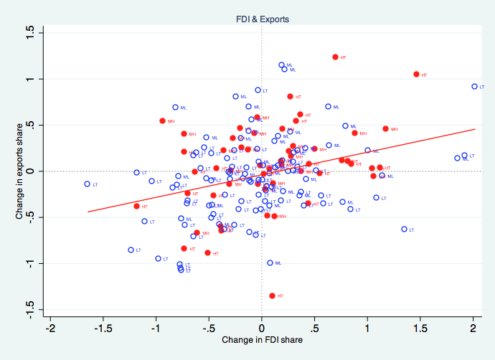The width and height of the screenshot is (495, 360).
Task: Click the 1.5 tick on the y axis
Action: coord(29,32)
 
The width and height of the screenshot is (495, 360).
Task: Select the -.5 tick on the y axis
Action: coord(29,217)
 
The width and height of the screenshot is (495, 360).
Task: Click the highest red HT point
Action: coord(335,57)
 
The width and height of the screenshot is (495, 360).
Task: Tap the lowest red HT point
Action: coord(272,295)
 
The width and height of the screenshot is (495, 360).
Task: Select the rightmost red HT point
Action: coord(416,75)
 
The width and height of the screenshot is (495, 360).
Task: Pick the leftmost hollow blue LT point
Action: coord(88,184)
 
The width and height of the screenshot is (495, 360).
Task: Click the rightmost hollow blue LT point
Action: coord(474,86)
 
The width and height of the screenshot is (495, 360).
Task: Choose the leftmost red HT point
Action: coord(136,207)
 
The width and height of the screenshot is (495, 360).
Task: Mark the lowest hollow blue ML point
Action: coord(270,262)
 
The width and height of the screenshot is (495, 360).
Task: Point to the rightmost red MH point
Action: coord(385,129)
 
